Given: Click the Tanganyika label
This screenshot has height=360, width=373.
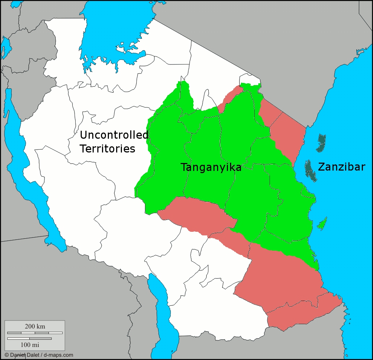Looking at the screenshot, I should [211, 167].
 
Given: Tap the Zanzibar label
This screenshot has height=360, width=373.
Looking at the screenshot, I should [342, 167].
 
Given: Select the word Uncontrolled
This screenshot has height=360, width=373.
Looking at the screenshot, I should [114, 135].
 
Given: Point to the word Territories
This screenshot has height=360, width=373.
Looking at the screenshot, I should [107, 148].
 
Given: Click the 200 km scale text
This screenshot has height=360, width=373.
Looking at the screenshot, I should [35, 326].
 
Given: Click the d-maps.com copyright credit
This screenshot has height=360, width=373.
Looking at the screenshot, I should [39, 355].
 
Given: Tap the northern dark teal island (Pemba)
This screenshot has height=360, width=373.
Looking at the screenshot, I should [321, 143].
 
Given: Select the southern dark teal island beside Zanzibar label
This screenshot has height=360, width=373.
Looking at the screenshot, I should [310, 171].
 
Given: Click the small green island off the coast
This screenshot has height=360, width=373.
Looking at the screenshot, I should [322, 224].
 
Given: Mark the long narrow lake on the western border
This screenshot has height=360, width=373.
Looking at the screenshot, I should [25, 170].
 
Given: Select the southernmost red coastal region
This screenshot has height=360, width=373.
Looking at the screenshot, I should [304, 311].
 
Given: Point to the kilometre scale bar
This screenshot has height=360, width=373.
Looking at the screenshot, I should [35, 332].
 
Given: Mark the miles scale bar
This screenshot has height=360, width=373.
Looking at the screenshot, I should [29, 338].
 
